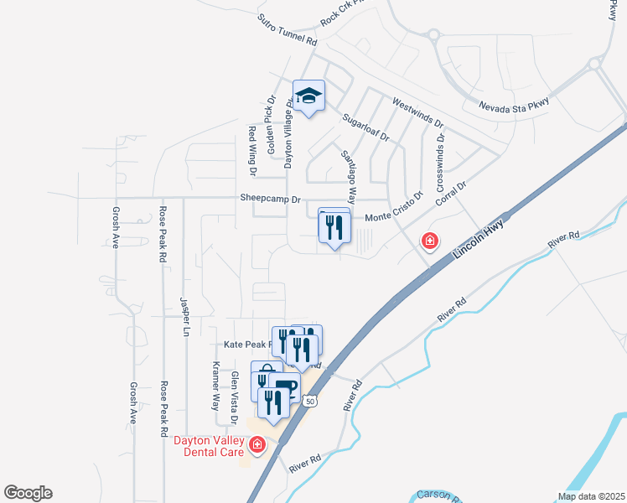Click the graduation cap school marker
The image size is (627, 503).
(x=308, y=97)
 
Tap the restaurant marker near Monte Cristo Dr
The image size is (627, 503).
(x=334, y=226)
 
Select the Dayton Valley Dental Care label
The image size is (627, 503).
(x=209, y=446)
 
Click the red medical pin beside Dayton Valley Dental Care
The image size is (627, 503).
(x=257, y=444)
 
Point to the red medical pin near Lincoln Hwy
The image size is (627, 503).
(x=430, y=241)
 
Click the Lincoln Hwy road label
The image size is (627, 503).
(x=474, y=244)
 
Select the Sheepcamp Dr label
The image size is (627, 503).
(x=270, y=200)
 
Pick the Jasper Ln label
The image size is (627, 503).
(x=184, y=315)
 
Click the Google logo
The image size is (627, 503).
(x=28, y=493)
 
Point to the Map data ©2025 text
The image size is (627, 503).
(x=590, y=496)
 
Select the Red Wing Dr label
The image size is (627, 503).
(x=251, y=151)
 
